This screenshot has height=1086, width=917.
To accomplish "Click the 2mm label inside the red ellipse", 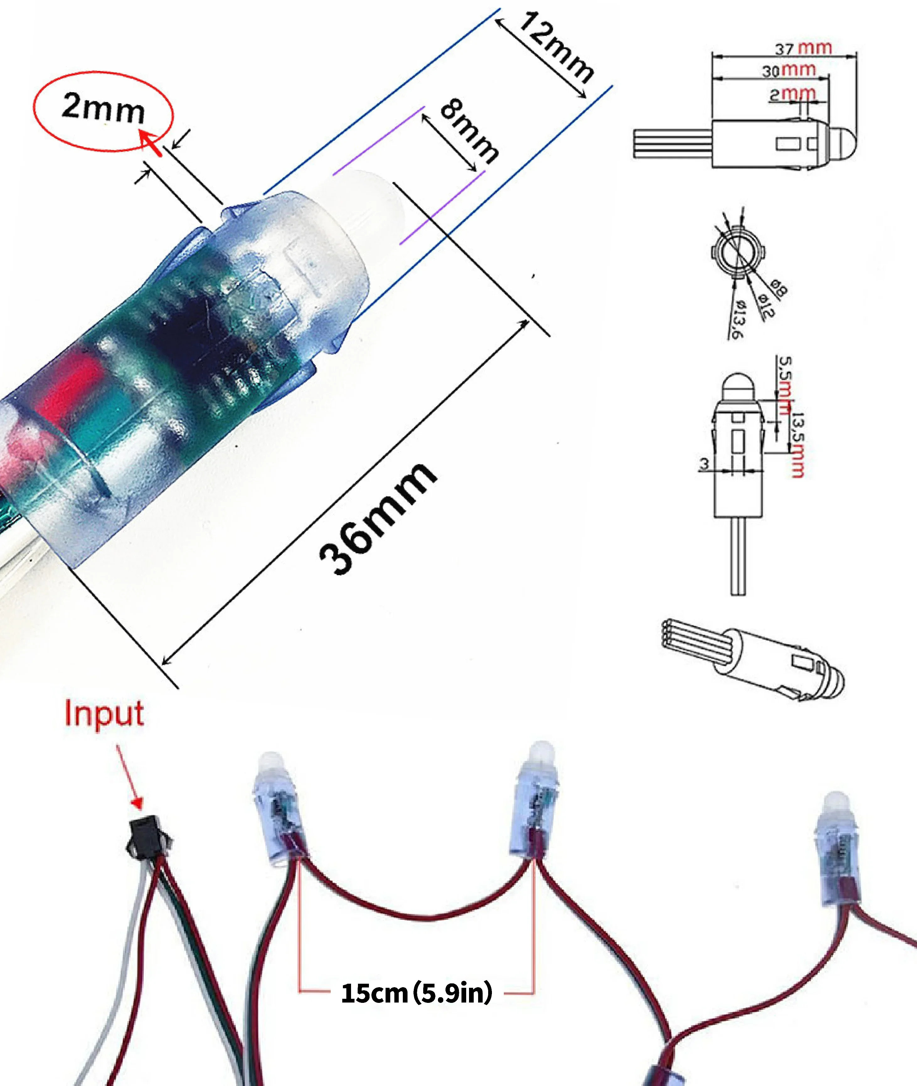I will (103, 109).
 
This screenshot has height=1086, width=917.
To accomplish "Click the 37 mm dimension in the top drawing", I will (803, 48).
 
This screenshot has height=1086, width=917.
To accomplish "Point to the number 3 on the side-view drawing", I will (704, 463).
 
